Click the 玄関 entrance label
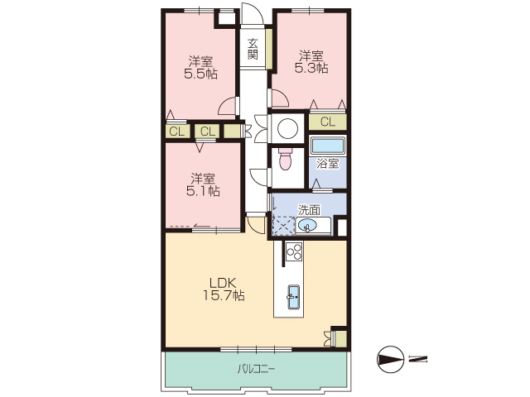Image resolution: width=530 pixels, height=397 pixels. [x=253, y=49]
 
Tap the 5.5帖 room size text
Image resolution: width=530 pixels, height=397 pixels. [x=200, y=74]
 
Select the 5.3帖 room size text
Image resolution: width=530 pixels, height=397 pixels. [x=311, y=69]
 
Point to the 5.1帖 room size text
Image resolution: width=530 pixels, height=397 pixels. [x=203, y=191]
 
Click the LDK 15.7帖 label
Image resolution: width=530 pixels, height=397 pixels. [x=224, y=289]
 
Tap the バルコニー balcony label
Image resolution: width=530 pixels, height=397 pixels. [x=256, y=369]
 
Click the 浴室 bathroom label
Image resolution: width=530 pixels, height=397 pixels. [x=327, y=164]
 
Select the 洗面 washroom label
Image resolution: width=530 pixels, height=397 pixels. [x=309, y=210]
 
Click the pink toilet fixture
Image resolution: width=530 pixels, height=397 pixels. [x=286, y=159]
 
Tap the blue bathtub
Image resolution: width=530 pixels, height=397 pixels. [x=328, y=146]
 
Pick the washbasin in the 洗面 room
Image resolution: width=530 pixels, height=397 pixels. [x=307, y=225]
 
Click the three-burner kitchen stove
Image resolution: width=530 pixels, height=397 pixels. [x=294, y=251]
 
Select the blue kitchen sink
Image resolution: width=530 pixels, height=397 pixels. [x=293, y=297]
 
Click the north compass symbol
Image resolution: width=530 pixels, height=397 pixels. [x=390, y=359]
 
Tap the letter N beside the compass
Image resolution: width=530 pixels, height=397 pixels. [x=417, y=359]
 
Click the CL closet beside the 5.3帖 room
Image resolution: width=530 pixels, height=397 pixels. [x=327, y=122]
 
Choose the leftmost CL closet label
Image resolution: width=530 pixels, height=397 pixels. [x=176, y=132]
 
